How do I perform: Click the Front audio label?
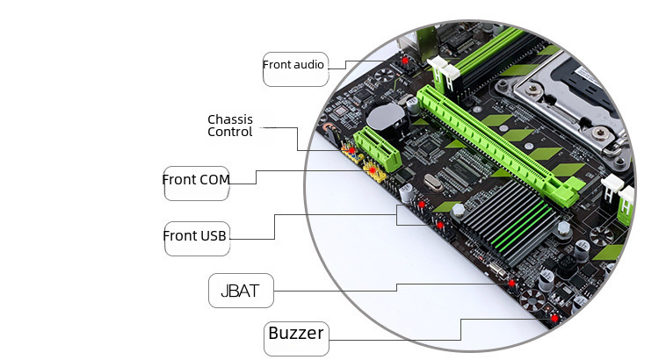pyautogui.click(x=294, y=65)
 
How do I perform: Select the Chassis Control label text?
pyautogui.click(x=230, y=126)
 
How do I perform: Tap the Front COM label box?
pyautogui.click(x=197, y=180)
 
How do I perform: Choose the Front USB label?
pyautogui.click(x=196, y=236)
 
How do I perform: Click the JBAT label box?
pyautogui.click(x=240, y=291)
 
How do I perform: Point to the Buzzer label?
pyautogui.click(x=296, y=334)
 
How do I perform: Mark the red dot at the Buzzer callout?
pyautogui.click(x=554, y=317)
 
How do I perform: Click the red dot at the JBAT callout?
pyautogui.click(x=511, y=283)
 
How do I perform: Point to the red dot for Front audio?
pyautogui.click(x=405, y=62)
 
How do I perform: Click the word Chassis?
pyautogui.click(x=230, y=119)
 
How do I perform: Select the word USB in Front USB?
pyautogui.click(x=214, y=236)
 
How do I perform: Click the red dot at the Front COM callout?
pyautogui.click(x=371, y=169)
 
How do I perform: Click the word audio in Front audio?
pyautogui.click(x=310, y=65)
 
